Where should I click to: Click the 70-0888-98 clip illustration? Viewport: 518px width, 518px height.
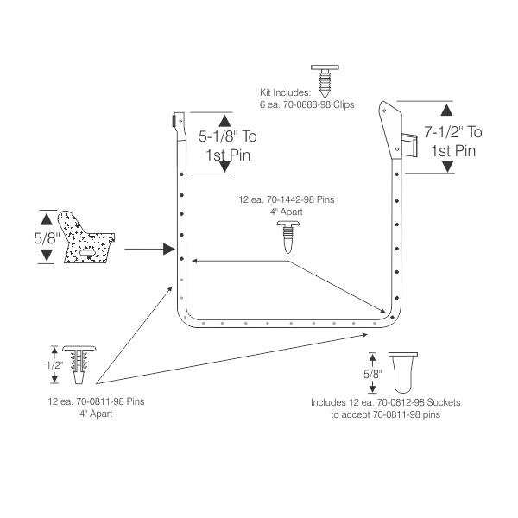pyautogui.click(x=325, y=81)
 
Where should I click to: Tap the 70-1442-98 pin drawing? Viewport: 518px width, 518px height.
pyautogui.click(x=288, y=237)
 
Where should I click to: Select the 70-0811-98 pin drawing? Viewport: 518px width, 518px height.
pyautogui.click(x=79, y=364)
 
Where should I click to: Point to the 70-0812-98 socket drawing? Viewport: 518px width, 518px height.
pyautogui.click(x=403, y=373)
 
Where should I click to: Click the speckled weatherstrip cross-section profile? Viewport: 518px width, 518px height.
pyautogui.click(x=85, y=237)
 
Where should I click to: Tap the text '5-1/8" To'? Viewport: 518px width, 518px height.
pyautogui.click(x=228, y=136)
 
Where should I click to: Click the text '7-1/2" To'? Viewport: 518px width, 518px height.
pyautogui.click(x=453, y=132)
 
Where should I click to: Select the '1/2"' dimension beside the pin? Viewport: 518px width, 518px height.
pyautogui.click(x=54, y=365)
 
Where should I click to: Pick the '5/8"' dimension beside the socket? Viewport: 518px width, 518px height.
pyautogui.click(x=373, y=374)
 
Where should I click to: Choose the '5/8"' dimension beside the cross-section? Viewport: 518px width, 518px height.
pyautogui.click(x=47, y=238)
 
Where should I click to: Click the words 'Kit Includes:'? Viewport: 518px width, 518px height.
pyautogui.click(x=286, y=92)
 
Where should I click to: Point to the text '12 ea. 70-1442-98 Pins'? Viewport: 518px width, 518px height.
pyautogui.click(x=287, y=199)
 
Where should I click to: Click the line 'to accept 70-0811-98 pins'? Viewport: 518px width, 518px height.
pyautogui.click(x=386, y=414)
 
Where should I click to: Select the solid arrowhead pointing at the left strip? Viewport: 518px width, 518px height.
pyautogui.click(x=169, y=250)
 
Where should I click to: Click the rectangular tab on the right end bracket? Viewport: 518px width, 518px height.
pyautogui.click(x=409, y=145)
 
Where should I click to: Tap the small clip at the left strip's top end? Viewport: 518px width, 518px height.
pyautogui.click(x=174, y=121)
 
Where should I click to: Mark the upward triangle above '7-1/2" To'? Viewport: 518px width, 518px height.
pyautogui.click(x=446, y=110)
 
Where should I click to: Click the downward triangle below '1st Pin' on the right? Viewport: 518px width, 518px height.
pyautogui.click(x=447, y=167)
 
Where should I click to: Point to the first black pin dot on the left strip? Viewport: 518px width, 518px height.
pyautogui.click(x=181, y=174)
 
